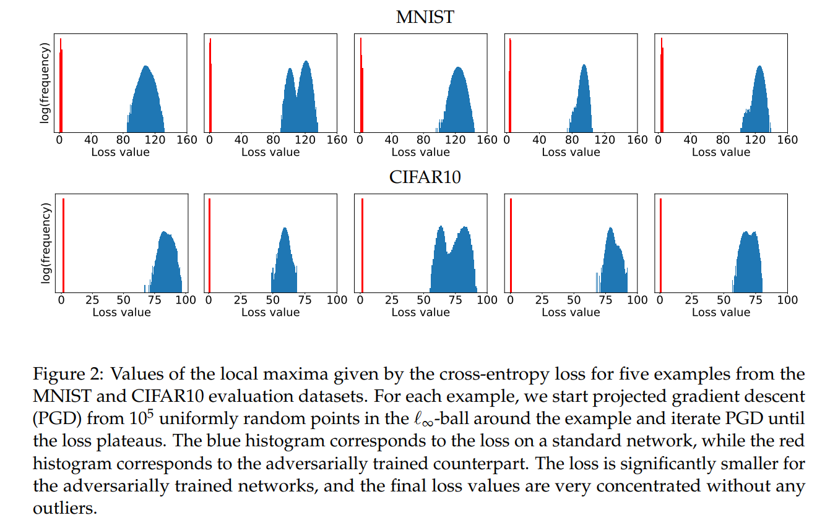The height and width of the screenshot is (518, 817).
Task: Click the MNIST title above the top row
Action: [425, 17]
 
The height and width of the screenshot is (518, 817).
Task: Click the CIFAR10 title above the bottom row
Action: [425, 177]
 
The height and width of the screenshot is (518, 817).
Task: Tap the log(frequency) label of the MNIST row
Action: [45, 83]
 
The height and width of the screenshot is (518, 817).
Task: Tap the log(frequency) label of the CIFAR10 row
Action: [45, 243]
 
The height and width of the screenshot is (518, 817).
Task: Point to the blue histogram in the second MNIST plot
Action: [300, 102]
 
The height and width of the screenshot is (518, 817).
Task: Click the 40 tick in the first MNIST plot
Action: [91, 140]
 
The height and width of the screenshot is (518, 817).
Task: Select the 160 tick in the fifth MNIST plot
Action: [787, 140]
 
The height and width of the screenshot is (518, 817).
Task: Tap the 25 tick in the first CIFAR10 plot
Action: [92, 300]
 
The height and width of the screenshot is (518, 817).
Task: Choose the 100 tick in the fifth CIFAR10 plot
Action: [787, 300]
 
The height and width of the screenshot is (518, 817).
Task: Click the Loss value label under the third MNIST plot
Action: [421, 152]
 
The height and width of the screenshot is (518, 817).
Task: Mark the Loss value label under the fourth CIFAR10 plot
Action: [571, 312]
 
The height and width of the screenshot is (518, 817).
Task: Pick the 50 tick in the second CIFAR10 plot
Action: [272, 300]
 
